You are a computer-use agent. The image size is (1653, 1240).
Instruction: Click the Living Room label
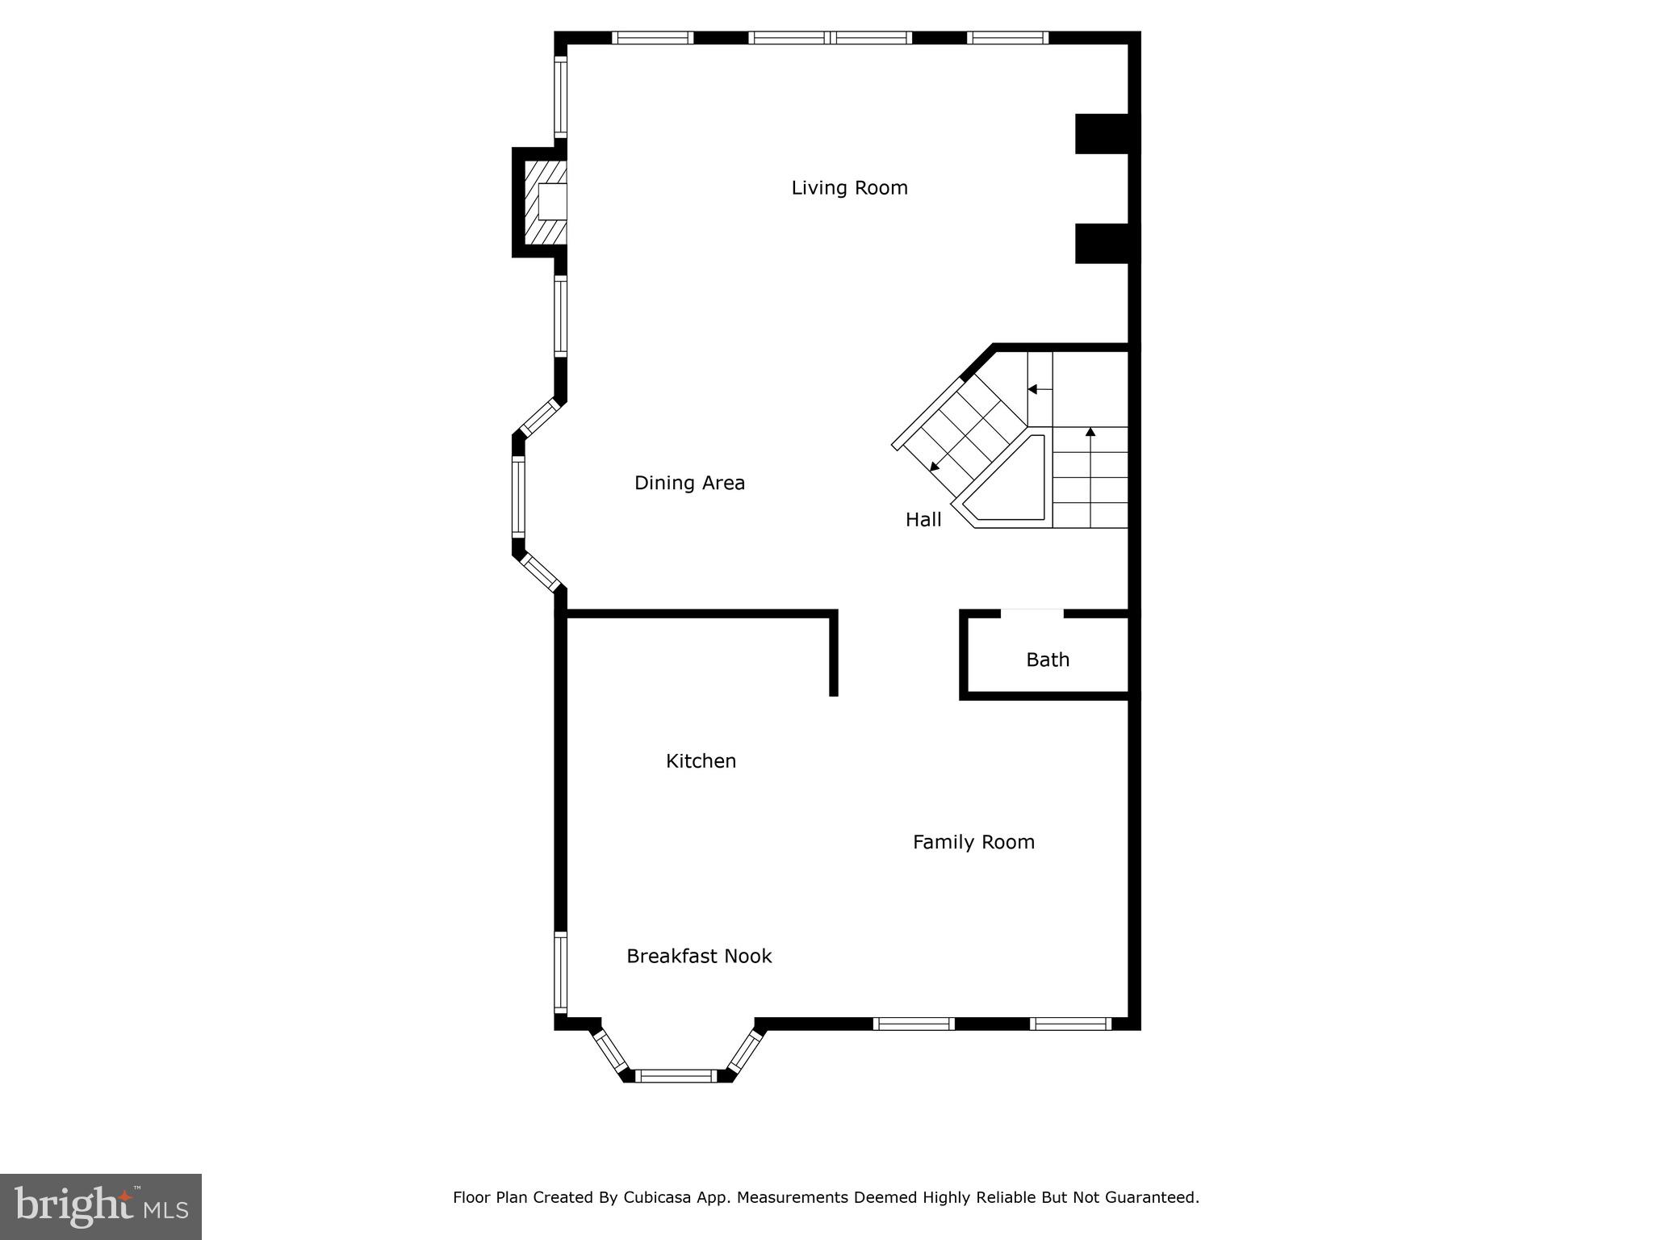click(x=849, y=188)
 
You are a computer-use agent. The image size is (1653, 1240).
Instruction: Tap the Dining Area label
click(x=689, y=483)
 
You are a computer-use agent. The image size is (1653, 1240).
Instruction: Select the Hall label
click(x=923, y=520)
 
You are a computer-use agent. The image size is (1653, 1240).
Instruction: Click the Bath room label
click(x=1048, y=660)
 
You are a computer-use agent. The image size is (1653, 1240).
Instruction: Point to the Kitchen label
click(x=701, y=760)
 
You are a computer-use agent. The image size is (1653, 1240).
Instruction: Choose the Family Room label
click(x=973, y=842)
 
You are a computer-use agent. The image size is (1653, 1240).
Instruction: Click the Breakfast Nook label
click(x=699, y=956)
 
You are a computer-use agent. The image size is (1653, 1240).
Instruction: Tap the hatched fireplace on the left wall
click(x=545, y=202)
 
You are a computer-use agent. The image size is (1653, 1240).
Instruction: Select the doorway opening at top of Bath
click(x=1032, y=614)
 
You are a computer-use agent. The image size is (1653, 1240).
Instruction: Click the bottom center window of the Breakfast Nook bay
click(x=676, y=1075)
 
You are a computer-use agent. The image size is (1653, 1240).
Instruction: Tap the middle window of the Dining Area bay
click(x=518, y=496)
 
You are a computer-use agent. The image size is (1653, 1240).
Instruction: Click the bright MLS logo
click(x=101, y=1206)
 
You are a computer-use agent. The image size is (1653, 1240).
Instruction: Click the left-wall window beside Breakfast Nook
click(x=560, y=973)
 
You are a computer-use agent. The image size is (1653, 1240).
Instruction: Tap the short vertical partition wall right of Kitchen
click(x=834, y=654)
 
